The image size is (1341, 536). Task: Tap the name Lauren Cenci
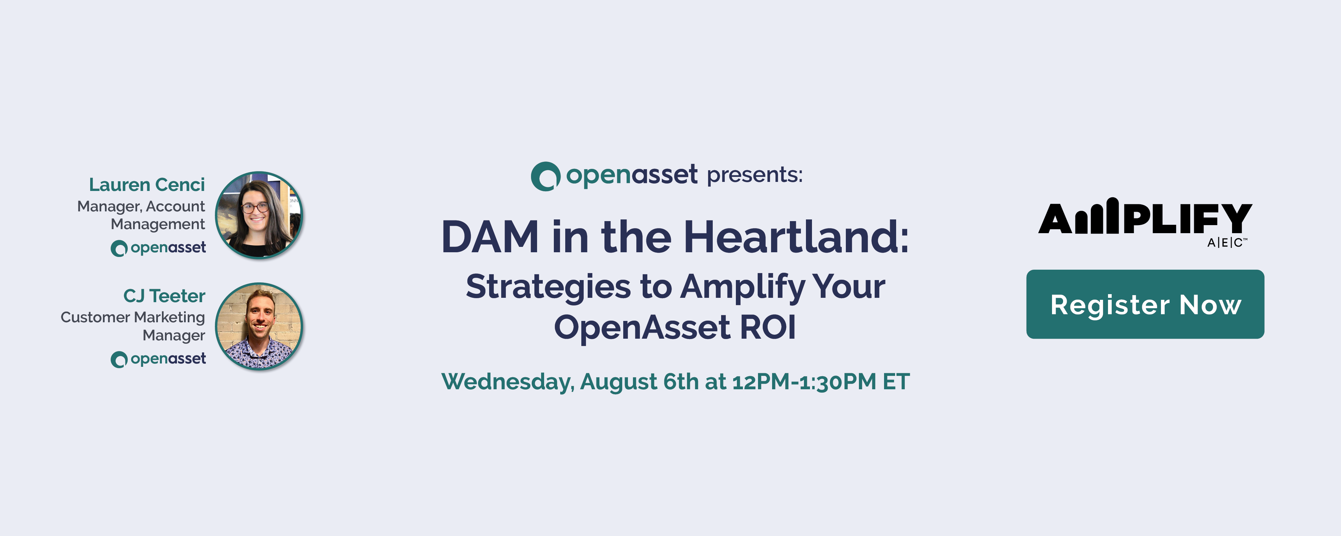pos(147,185)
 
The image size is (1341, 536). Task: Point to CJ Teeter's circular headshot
pos(259,326)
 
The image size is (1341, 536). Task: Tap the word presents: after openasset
pos(755,175)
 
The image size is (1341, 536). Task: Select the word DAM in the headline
pos(490,237)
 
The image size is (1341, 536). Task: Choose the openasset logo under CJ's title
pos(158,359)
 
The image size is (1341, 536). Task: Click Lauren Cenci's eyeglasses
pos(255,208)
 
